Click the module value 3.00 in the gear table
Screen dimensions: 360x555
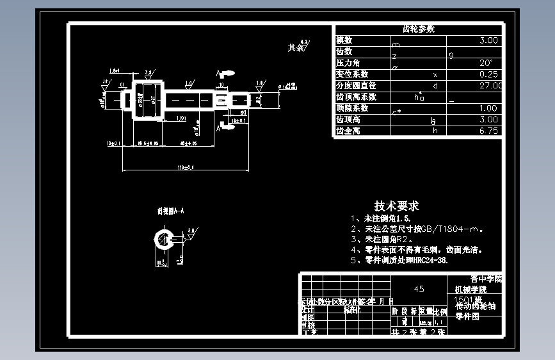[x=488, y=40]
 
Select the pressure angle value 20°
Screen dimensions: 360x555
[x=486, y=63]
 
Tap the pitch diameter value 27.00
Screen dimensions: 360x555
[x=490, y=85]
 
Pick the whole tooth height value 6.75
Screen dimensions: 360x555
[x=488, y=131]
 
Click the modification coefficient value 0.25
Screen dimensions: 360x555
[x=488, y=74]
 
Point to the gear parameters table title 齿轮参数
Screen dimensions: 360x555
[x=418, y=29]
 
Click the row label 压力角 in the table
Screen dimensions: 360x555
[x=348, y=63]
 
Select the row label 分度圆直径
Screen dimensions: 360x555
[x=356, y=86]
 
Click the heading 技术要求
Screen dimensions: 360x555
[x=397, y=206]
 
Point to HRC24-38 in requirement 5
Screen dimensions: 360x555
[x=429, y=261]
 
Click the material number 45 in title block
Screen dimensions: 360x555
[x=419, y=289]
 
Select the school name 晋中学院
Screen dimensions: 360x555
[x=486, y=279]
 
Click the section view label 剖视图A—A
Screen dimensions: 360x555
[x=171, y=210]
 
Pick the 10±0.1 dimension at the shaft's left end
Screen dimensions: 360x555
[x=115, y=144]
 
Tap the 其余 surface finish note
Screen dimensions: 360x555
[x=295, y=48]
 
